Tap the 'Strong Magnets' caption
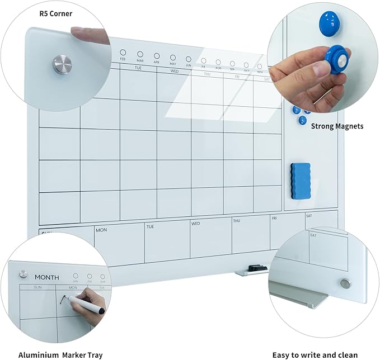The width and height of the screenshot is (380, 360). point(337,126)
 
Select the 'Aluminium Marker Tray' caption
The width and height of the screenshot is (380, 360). point(60,354)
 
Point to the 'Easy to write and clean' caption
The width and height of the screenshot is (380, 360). point(315,354)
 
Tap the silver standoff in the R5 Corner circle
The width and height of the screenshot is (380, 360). point(60,63)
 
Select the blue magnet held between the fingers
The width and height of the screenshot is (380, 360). point(336,59)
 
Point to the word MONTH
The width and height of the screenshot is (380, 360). point(46,277)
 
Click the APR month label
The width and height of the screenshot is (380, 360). point(156,63)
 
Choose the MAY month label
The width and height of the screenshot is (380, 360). point(173,64)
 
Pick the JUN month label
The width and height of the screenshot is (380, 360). point(189,65)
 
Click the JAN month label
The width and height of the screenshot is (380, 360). point(75,281)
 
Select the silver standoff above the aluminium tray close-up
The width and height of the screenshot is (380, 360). point(346,283)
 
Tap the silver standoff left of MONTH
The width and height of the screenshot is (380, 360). point(23,274)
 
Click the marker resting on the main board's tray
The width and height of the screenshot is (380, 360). point(255,269)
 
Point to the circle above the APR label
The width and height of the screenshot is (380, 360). point(156,56)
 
